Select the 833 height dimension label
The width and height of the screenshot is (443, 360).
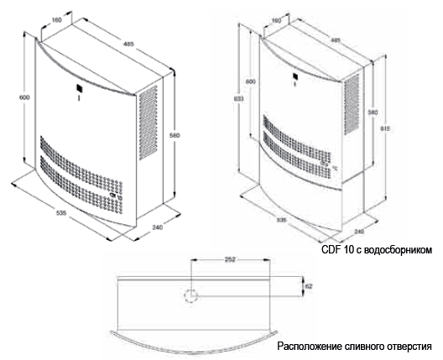pyautogui.click(x=239, y=98)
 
